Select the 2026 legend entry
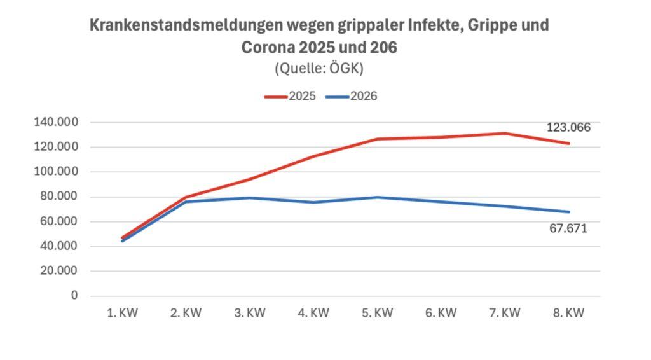click(x=351, y=97)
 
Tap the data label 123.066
click(x=568, y=127)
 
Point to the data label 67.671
click(x=568, y=228)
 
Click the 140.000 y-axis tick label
click(x=57, y=122)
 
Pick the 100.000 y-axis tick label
click(x=57, y=172)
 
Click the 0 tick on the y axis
click(x=74, y=296)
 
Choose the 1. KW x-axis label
click(x=122, y=313)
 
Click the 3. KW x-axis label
click(x=249, y=313)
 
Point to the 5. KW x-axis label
click(x=377, y=313)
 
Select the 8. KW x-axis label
click(x=568, y=313)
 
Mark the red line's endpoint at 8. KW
click(x=568, y=143)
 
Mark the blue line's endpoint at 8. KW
click(x=568, y=212)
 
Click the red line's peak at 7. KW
click(x=505, y=133)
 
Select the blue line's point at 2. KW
click(x=186, y=202)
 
